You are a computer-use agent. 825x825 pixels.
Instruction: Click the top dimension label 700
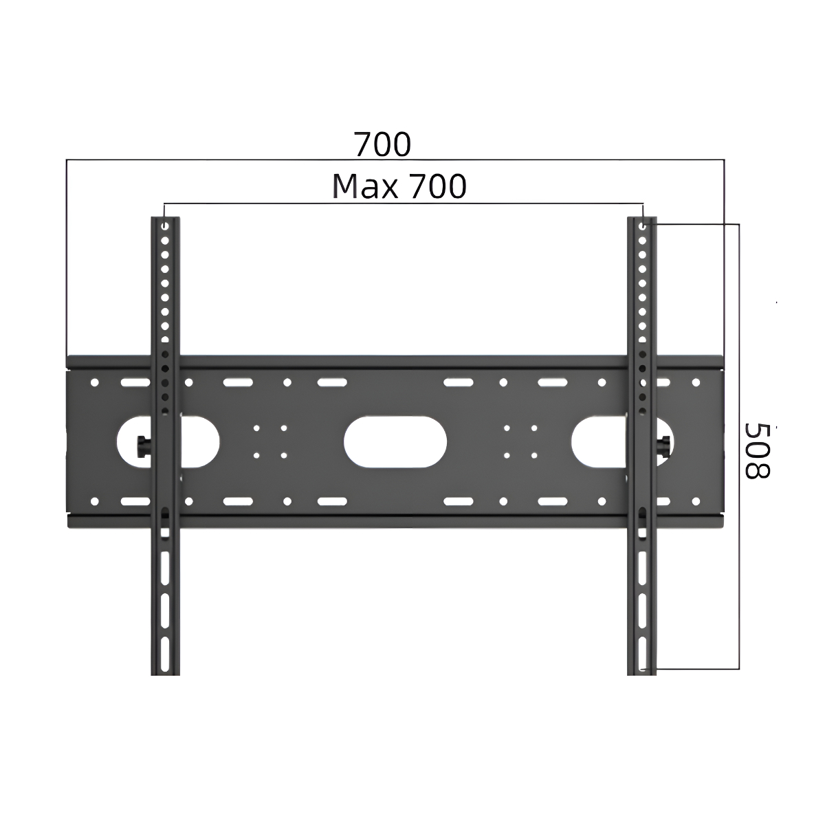pos(382,144)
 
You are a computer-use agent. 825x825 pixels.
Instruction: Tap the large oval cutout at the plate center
pos(395,441)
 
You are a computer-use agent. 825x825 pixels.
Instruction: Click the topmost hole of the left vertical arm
pos(165,225)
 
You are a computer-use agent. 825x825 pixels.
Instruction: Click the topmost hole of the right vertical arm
pos(642,225)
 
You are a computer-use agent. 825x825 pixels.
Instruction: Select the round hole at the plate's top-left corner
pos(95,382)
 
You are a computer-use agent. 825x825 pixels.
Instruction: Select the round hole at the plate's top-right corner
pos(696,382)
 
